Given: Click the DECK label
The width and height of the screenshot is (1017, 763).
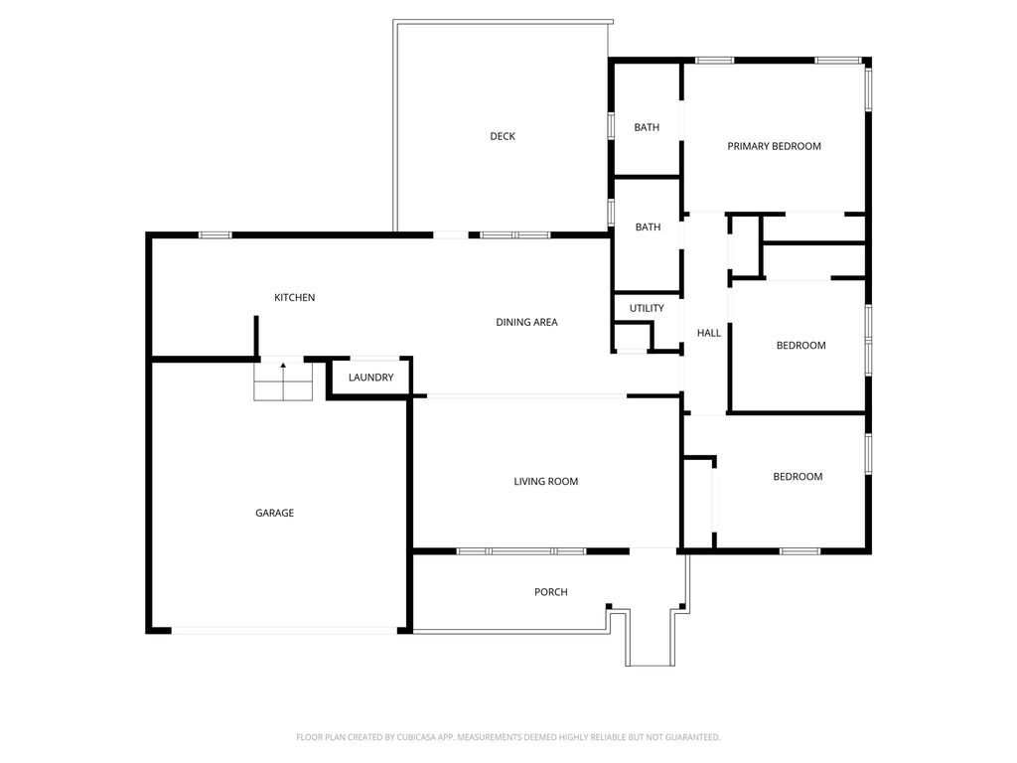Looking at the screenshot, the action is point(503,136).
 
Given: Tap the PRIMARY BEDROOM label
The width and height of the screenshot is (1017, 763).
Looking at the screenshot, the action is point(774,146).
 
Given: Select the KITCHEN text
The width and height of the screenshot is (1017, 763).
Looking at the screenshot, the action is point(294,297).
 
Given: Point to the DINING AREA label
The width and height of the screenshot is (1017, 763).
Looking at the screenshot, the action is point(526,322).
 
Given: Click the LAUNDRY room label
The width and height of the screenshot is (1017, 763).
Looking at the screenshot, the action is point(371,377).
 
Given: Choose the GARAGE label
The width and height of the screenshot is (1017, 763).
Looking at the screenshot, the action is point(274,513).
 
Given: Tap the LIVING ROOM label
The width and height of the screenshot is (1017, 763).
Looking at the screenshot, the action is point(545,482).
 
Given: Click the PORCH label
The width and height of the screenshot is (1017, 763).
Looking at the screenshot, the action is point(550,592).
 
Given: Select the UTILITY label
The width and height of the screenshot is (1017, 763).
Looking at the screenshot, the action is point(647,308).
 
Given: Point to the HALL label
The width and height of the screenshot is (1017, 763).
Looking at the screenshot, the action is point(709,333).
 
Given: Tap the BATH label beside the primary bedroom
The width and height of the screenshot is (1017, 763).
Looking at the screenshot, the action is point(647,127).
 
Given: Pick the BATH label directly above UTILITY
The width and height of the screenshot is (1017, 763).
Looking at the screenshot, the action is point(648,228).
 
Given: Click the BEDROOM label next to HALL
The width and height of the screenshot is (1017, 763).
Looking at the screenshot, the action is point(801,345).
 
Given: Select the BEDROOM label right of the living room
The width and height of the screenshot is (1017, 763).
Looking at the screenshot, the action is point(798,476).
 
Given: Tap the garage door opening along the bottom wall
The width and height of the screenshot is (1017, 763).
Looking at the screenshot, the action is point(284,631).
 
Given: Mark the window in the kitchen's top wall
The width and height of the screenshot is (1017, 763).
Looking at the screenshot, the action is point(215,234).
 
